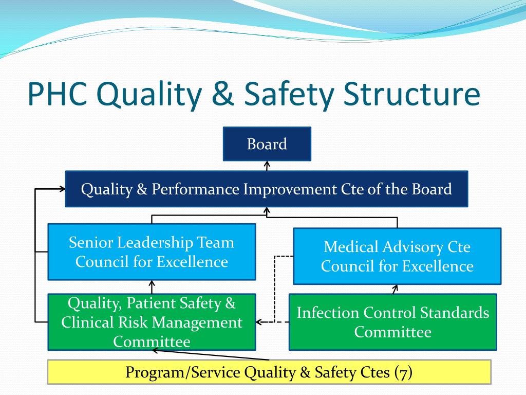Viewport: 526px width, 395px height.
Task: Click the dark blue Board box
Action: click(x=267, y=144)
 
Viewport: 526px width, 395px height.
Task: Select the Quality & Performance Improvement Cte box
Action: click(x=267, y=189)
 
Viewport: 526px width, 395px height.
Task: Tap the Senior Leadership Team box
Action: click(x=152, y=252)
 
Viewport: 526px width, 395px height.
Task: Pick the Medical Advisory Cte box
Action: click(x=397, y=256)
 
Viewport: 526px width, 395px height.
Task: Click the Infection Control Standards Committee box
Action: click(x=393, y=322)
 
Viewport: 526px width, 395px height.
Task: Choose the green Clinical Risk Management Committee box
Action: click(x=152, y=322)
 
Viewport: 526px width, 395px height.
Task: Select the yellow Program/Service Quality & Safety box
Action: click(x=269, y=372)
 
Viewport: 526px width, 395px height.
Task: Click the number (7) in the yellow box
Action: click(x=404, y=372)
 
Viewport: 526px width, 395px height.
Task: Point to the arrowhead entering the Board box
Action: click(x=267, y=164)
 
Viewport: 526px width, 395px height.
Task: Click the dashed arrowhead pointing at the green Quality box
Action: click(x=259, y=322)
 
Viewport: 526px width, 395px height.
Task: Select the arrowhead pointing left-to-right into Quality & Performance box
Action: click(x=62, y=189)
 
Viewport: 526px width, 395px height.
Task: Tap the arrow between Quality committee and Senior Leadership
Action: click(x=152, y=287)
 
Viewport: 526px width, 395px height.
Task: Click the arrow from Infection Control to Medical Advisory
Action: click(x=395, y=289)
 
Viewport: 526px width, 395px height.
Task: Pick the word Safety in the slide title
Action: click(x=289, y=95)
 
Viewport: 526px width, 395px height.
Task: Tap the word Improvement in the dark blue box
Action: click(x=290, y=189)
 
